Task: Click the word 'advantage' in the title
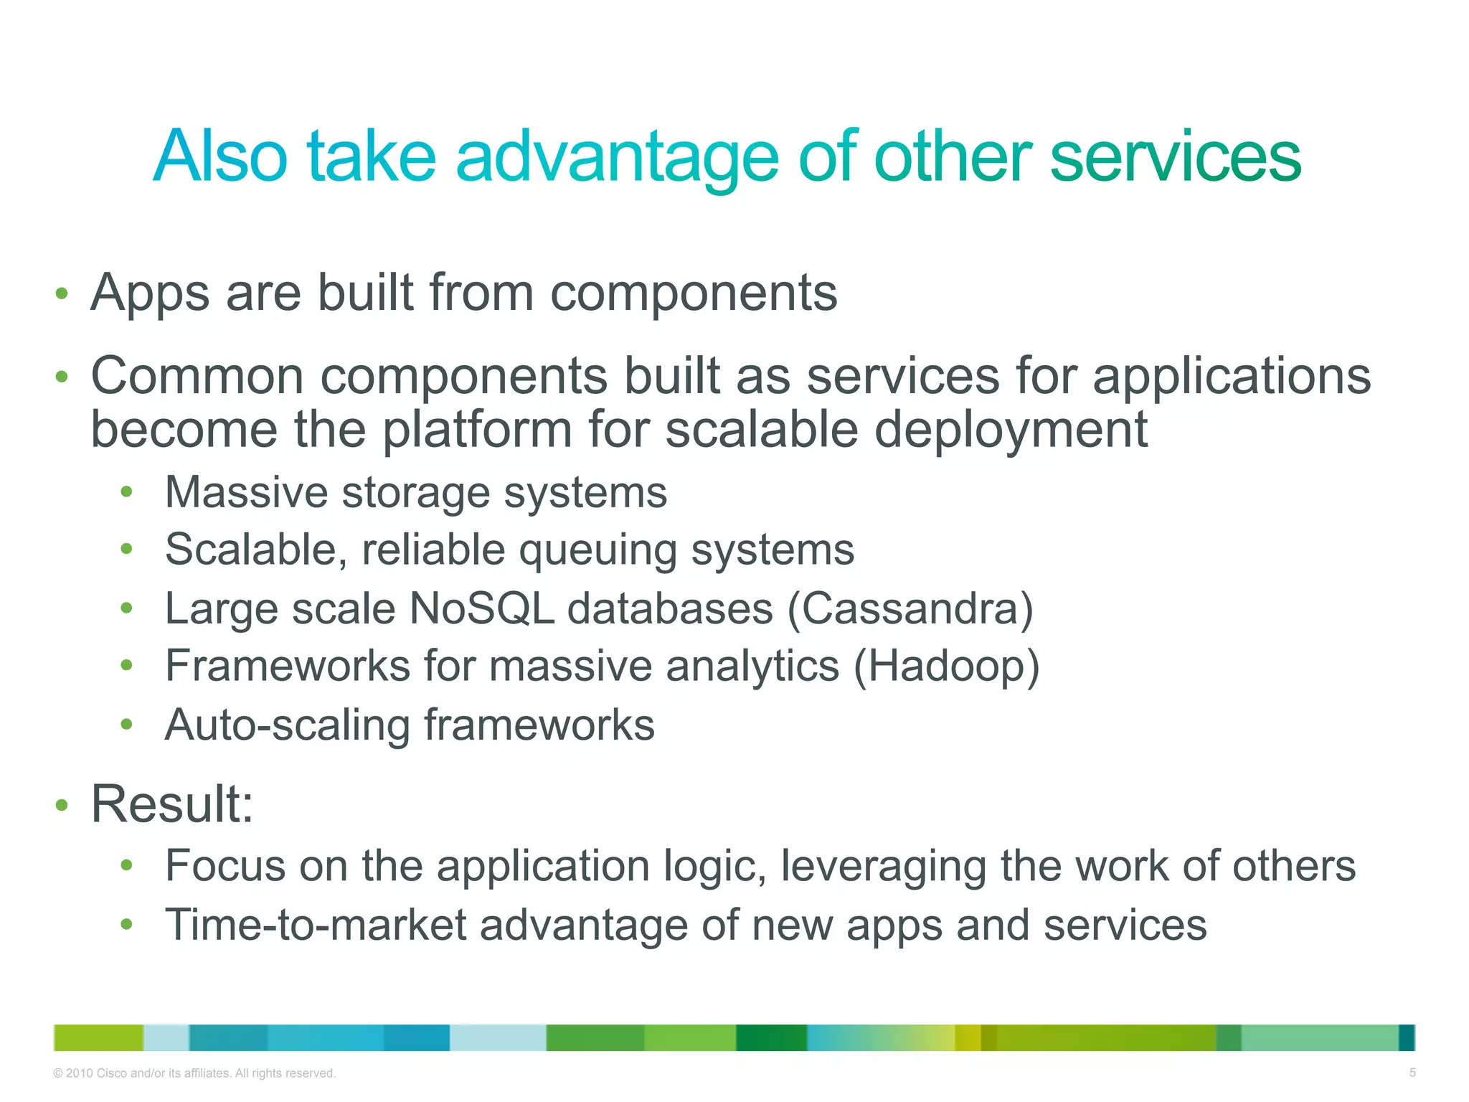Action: [618, 156]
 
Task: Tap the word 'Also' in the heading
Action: [220, 156]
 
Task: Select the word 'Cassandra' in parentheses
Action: [910, 609]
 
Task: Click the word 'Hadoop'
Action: [946, 667]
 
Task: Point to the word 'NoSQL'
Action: [481, 609]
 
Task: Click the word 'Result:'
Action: [172, 804]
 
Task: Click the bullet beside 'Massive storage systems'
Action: [127, 492]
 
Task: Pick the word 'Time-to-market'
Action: [316, 925]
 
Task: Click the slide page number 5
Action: [1412, 1073]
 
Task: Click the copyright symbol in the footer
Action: [58, 1073]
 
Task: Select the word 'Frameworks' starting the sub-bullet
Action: [287, 667]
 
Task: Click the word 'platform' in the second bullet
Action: [476, 430]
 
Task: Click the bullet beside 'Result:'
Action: [62, 806]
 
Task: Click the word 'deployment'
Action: [1011, 430]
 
